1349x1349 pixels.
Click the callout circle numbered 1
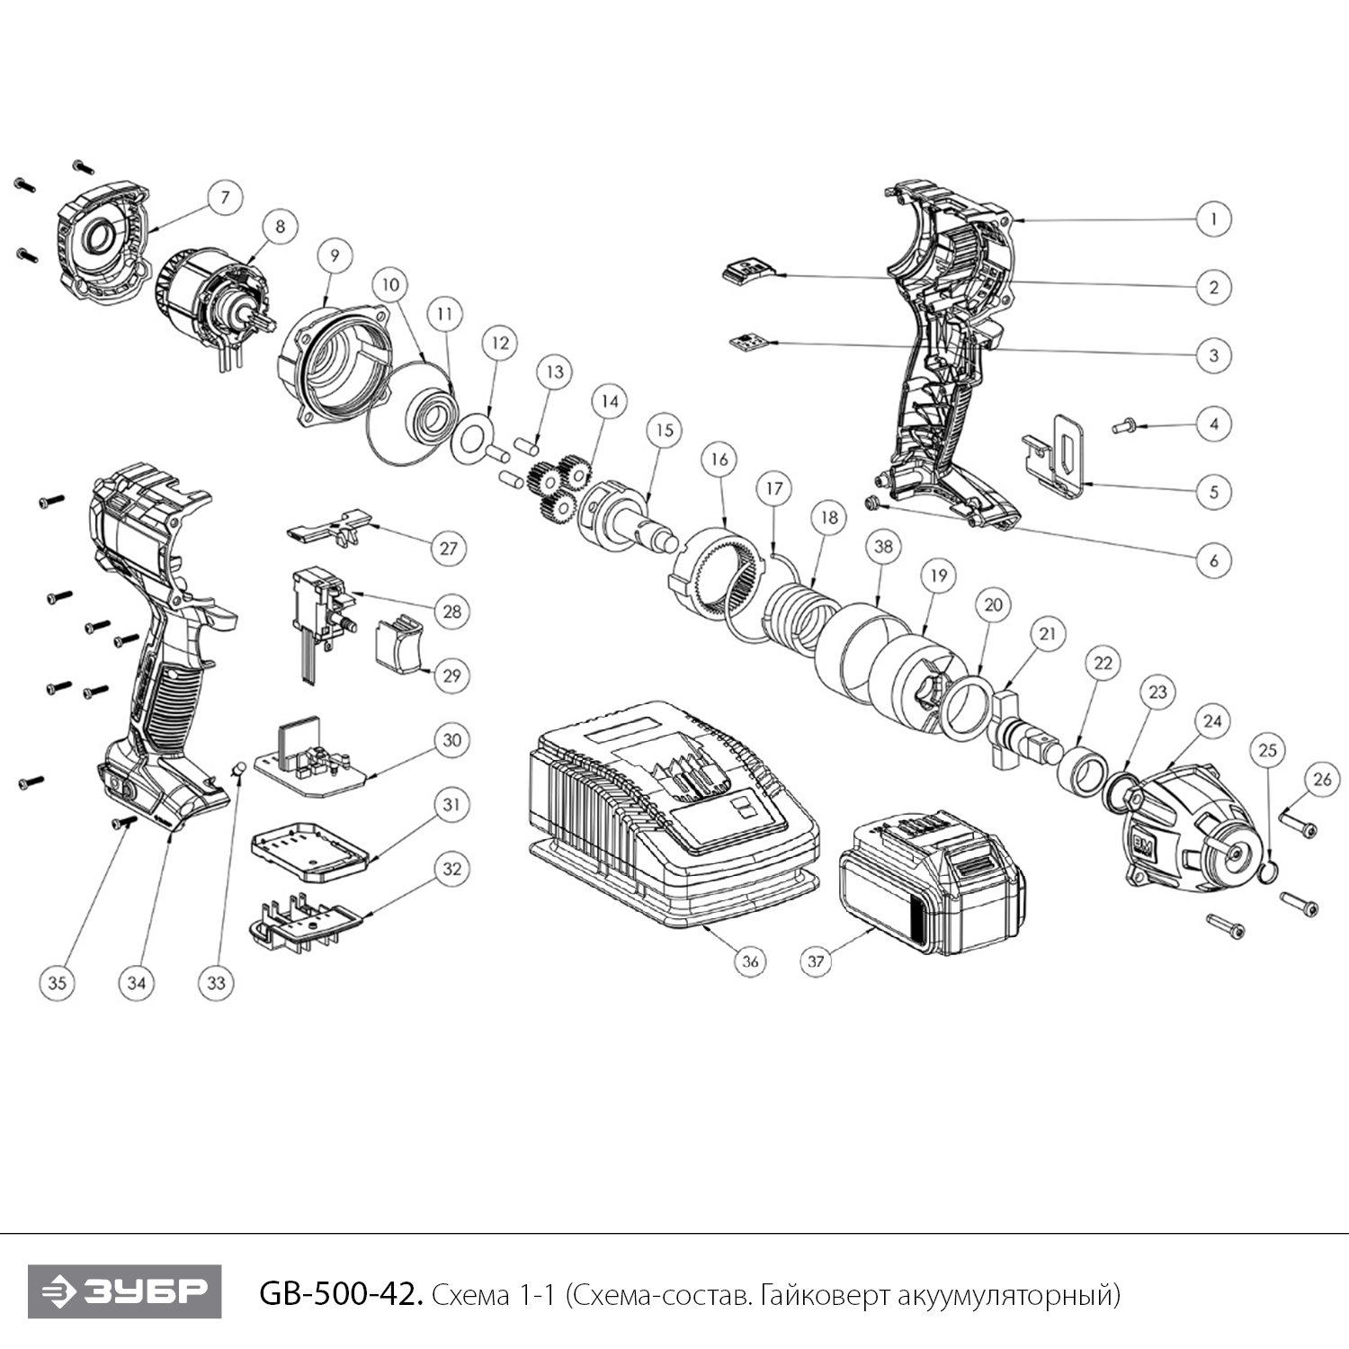(1213, 219)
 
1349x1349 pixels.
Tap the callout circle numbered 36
(750, 961)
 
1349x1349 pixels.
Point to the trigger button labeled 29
(398, 642)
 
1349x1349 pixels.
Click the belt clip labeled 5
(1059, 456)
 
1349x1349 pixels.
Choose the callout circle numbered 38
(883, 547)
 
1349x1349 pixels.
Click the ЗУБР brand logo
(124, 1291)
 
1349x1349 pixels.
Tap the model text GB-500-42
(340, 1295)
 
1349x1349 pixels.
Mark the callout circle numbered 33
(216, 983)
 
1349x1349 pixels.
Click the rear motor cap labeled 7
(101, 241)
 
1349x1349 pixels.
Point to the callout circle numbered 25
(1267, 750)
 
